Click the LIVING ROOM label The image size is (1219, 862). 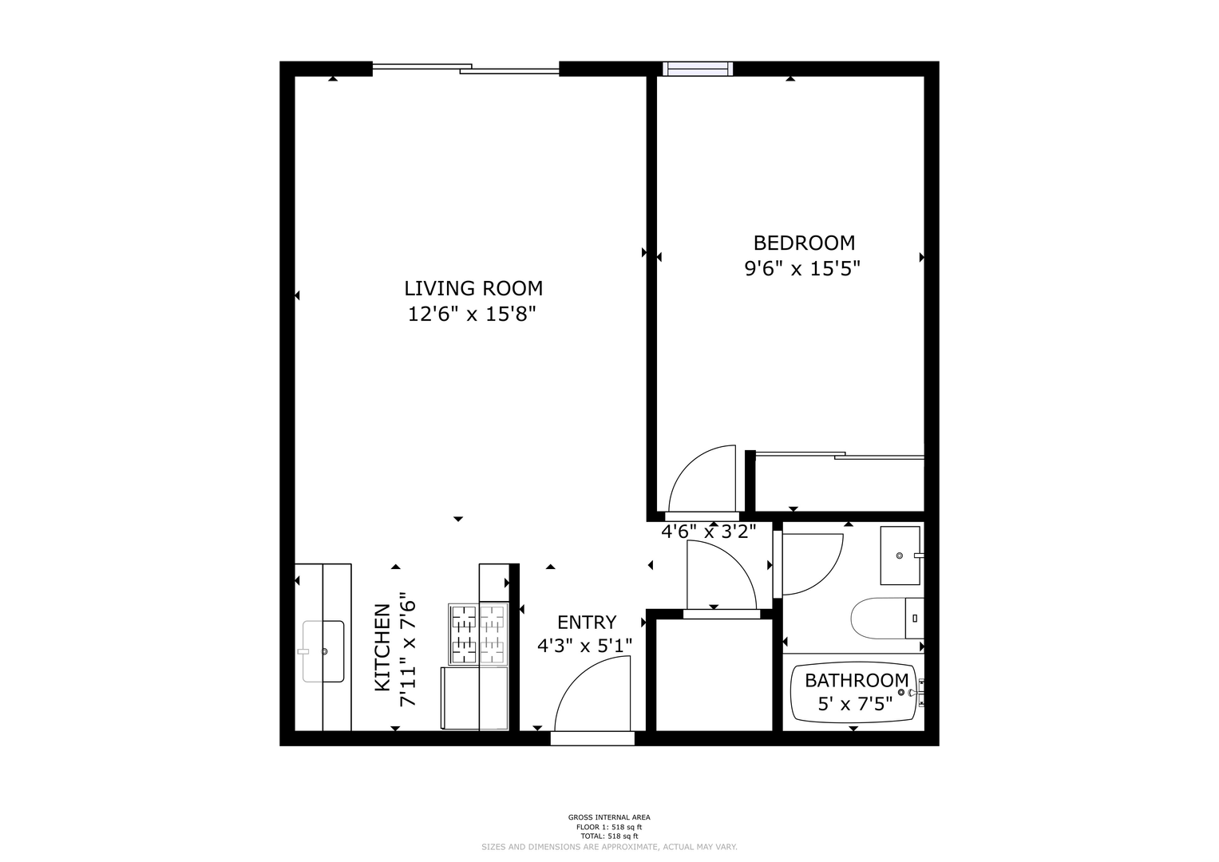click(x=473, y=288)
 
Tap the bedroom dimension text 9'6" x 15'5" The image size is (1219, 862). click(x=802, y=269)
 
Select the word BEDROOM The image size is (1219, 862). click(x=804, y=243)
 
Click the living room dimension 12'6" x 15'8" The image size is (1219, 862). click(x=473, y=314)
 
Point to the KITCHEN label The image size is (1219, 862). click(x=382, y=647)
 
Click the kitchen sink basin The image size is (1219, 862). click(x=323, y=651)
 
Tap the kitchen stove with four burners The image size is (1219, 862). click(x=478, y=634)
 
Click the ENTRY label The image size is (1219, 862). click(x=587, y=622)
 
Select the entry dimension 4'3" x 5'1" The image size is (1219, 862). click(x=584, y=646)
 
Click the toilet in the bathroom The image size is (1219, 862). click(x=887, y=619)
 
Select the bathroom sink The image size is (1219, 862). click(x=900, y=556)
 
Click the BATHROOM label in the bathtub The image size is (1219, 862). click(x=857, y=680)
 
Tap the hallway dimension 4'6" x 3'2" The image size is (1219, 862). click(x=709, y=532)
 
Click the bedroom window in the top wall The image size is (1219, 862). click(x=698, y=69)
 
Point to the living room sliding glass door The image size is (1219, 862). click(x=466, y=69)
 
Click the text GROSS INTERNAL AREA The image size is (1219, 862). click(x=609, y=817)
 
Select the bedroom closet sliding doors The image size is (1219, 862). click(x=840, y=456)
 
